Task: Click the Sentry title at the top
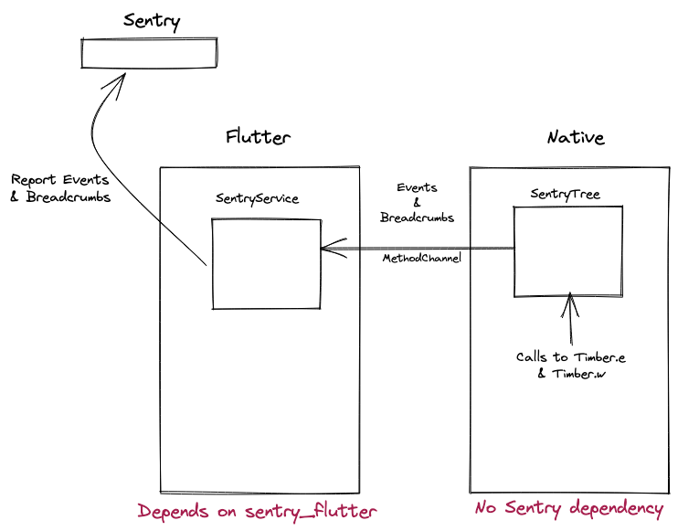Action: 151,19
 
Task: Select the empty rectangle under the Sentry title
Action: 150,53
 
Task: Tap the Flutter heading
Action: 259,137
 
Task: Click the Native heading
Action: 575,137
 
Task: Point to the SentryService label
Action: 257,198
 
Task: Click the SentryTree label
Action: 565,194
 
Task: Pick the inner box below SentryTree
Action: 567,250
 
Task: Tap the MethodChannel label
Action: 421,260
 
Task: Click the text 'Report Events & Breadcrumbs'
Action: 60,188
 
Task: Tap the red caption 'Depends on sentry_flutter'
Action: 257,511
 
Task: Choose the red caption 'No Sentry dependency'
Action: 568,508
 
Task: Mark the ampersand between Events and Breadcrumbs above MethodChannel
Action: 417,203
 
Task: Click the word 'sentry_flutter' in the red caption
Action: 311,511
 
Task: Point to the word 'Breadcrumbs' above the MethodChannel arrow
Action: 417,218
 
